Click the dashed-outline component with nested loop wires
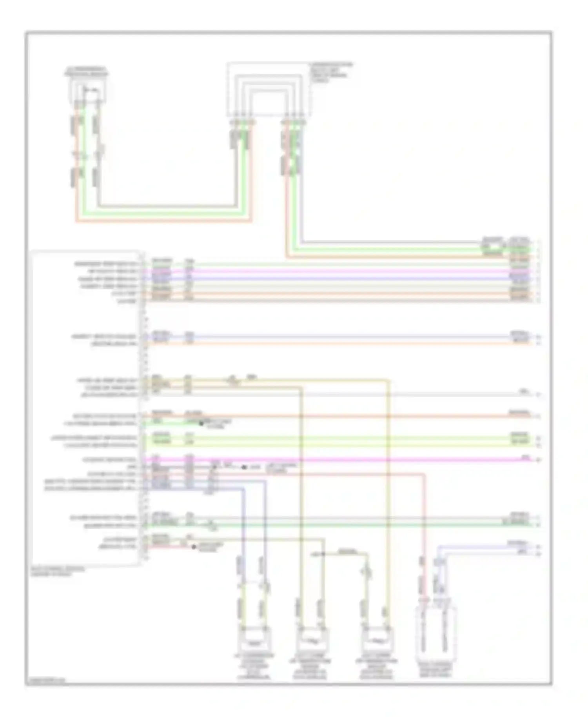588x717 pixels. click(269, 89)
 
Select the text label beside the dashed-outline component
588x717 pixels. click(330, 72)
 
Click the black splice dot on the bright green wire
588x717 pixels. click(201, 424)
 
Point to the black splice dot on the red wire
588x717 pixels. click(194, 546)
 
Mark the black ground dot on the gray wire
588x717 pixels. click(244, 467)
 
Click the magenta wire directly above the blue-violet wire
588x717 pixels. click(337, 271)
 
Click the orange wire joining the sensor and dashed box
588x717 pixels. click(165, 221)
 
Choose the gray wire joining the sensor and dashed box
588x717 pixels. click(165, 206)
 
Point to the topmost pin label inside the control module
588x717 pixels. click(106, 264)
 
